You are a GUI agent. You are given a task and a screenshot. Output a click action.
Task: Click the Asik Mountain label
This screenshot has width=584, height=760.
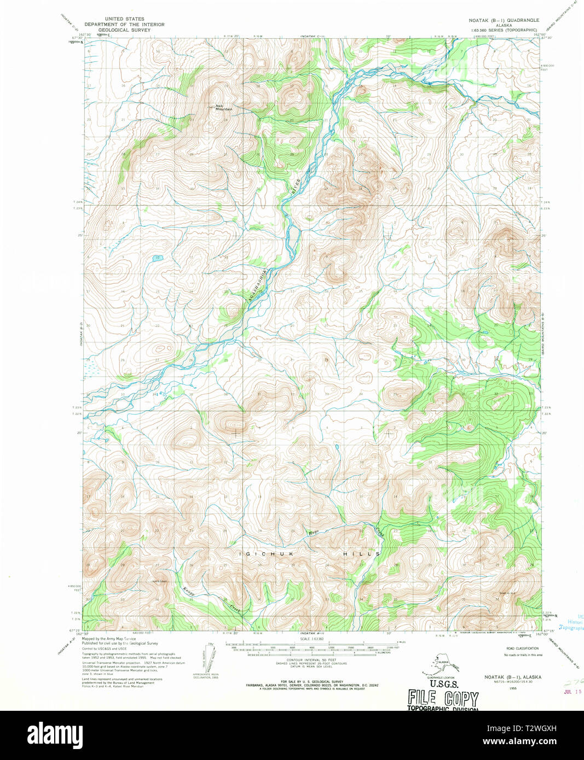[x=223, y=108]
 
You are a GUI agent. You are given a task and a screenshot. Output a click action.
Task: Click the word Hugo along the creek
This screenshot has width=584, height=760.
[x=313, y=532]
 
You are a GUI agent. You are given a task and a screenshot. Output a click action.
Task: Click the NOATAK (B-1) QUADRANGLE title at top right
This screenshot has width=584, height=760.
[x=504, y=20]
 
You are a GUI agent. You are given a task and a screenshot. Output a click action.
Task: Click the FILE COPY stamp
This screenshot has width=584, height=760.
[x=443, y=698]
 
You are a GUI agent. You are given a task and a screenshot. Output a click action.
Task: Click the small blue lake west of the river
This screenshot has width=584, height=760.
[x=157, y=258]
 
